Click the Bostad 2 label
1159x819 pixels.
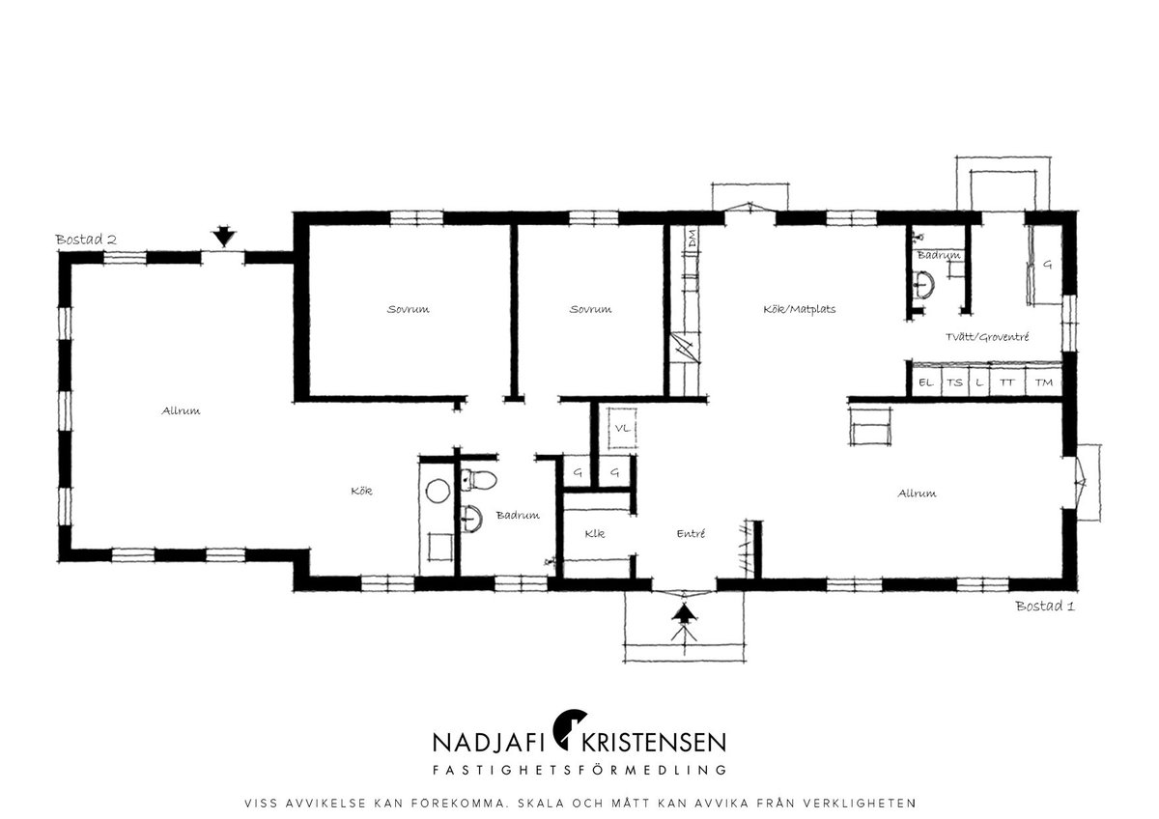[x=86, y=240]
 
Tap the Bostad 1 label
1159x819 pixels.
[x=1045, y=606]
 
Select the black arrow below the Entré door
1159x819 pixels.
[x=685, y=613]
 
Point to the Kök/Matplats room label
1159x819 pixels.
[x=800, y=309]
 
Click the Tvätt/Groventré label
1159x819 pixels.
[x=987, y=337]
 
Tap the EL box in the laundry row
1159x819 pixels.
[x=925, y=382]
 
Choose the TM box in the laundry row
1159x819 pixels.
[x=1044, y=382]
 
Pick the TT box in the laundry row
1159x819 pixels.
[x=1006, y=382]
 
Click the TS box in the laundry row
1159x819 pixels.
[x=954, y=382]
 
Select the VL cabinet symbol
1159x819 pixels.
[x=622, y=428]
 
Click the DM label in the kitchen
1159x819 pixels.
[x=692, y=239]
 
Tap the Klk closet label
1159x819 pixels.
[x=595, y=533]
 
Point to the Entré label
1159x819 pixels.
[x=691, y=533]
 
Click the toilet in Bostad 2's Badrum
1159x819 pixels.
[x=479, y=480]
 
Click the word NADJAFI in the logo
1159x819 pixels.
[x=489, y=742]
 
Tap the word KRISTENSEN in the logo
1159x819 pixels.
[x=654, y=742]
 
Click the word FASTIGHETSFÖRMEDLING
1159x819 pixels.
[x=579, y=770]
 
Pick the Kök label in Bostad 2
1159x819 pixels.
[x=361, y=491]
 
